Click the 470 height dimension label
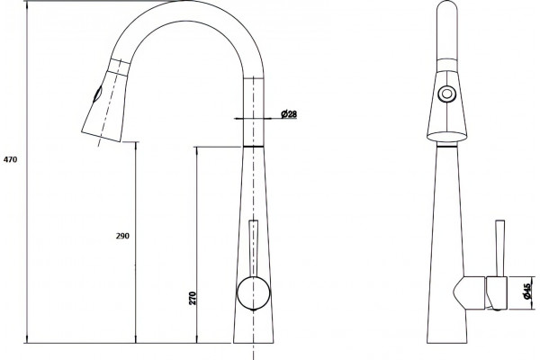point(10,159)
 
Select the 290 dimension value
point(122,236)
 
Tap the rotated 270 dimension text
point(193,298)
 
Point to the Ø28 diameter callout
point(289,113)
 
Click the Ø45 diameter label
point(526,291)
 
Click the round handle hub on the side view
point(254,292)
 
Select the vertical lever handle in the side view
point(499,248)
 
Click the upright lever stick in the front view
point(254,248)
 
